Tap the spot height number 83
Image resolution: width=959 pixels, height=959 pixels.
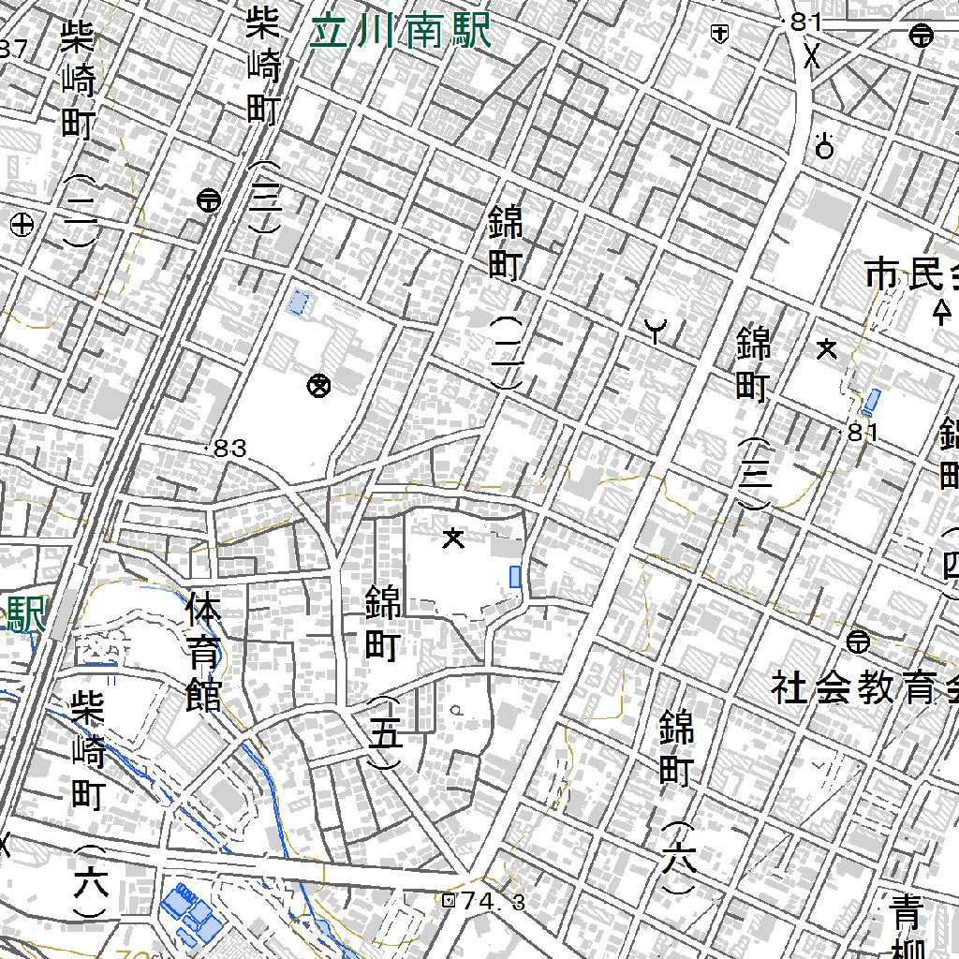point(230,449)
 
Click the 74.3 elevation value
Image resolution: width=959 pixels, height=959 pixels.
point(494,901)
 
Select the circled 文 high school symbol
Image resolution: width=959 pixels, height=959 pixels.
point(319,384)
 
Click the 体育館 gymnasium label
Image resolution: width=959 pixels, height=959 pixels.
point(203,651)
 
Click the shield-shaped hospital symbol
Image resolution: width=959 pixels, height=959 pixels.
point(719,34)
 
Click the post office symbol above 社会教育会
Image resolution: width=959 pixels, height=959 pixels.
point(856,642)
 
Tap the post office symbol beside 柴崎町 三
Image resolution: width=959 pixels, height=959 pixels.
point(209,199)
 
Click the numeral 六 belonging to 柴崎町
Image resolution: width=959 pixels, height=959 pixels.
point(91,882)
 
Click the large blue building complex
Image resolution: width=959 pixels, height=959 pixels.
point(192,915)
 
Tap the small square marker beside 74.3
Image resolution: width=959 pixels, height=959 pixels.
point(449,900)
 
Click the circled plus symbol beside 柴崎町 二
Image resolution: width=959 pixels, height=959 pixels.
point(22,225)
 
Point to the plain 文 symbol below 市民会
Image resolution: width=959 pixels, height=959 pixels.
point(827,349)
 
